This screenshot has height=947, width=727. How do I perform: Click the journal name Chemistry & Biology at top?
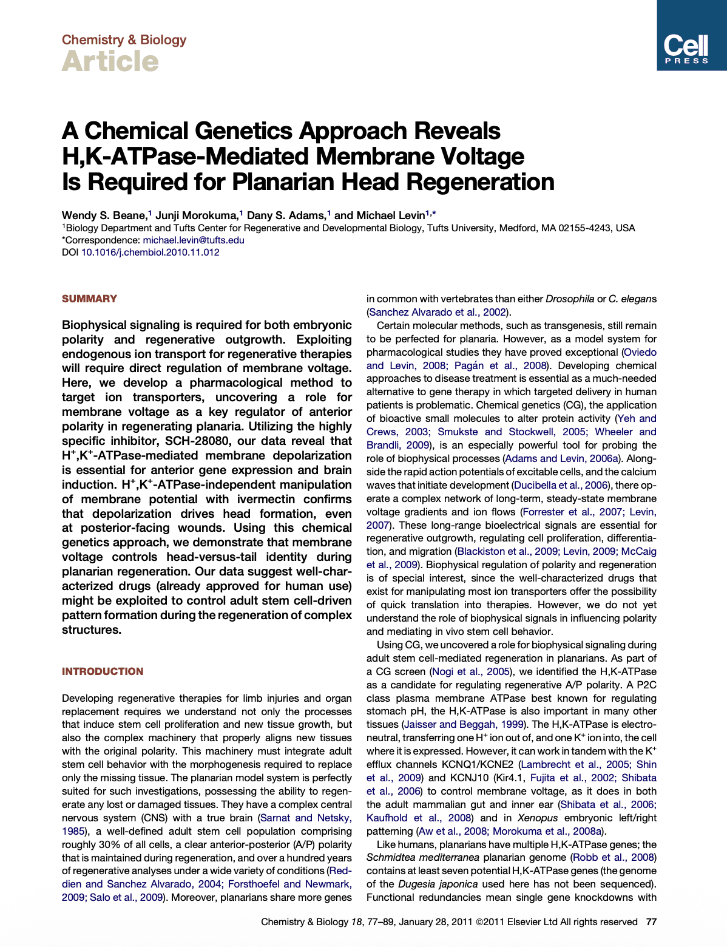[124, 40]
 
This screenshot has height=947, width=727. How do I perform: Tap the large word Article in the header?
[110, 61]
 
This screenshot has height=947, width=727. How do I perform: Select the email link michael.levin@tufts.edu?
[193, 240]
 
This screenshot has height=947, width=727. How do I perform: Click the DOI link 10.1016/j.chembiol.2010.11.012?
[150, 252]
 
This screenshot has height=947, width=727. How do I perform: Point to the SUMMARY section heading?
[89, 299]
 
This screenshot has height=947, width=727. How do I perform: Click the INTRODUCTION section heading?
[103, 671]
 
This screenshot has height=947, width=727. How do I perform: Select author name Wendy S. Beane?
[104, 216]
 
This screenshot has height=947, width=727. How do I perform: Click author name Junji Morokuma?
[197, 216]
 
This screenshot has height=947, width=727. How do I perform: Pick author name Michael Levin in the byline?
[390, 216]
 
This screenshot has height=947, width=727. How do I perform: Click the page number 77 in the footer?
[651, 922]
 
